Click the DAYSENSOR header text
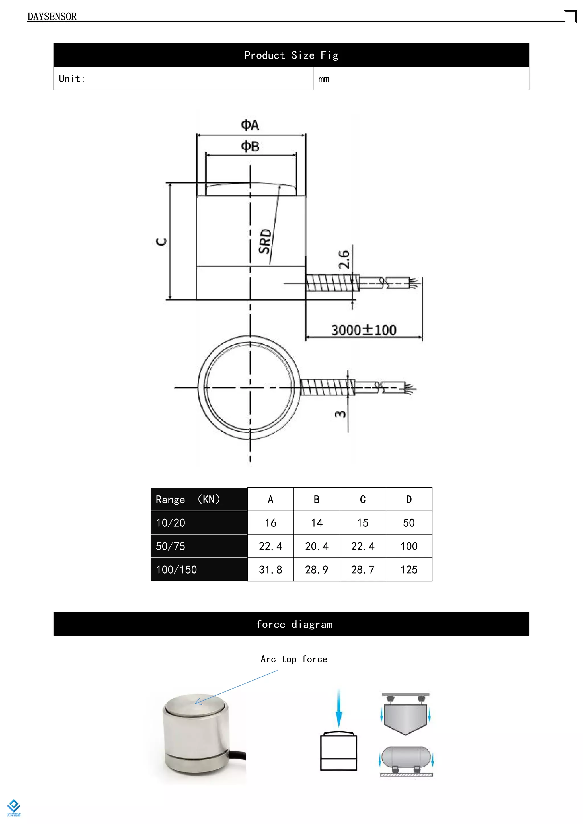(x=52, y=17)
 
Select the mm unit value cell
(x=324, y=79)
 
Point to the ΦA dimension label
(x=250, y=125)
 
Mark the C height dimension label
(x=161, y=241)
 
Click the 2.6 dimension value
(x=344, y=259)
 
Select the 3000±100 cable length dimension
(x=364, y=330)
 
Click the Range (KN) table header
(x=188, y=499)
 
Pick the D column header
(x=408, y=499)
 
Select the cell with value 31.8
(x=270, y=570)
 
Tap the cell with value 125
(x=408, y=570)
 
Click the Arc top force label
(x=294, y=659)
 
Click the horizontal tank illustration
(x=406, y=757)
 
